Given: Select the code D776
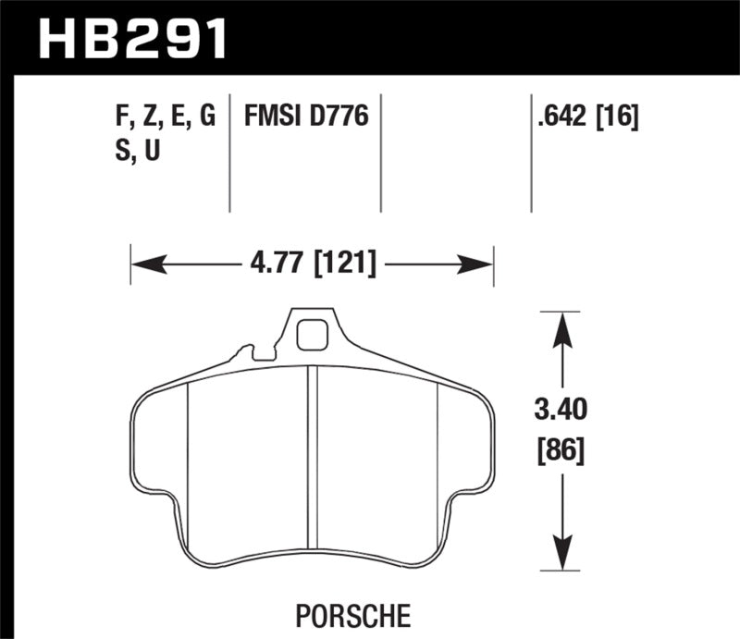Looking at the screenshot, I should pyautogui.click(x=340, y=117).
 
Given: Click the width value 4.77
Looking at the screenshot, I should pyautogui.click(x=279, y=265).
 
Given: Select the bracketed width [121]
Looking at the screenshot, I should pyautogui.click(x=345, y=265).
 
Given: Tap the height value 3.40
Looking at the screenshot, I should pyautogui.click(x=561, y=410).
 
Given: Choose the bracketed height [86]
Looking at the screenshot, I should pyautogui.click(x=561, y=452).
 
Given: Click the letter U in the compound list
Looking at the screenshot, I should pyautogui.click(x=151, y=150).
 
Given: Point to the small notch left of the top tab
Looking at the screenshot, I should pyautogui.click(x=245, y=352).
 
